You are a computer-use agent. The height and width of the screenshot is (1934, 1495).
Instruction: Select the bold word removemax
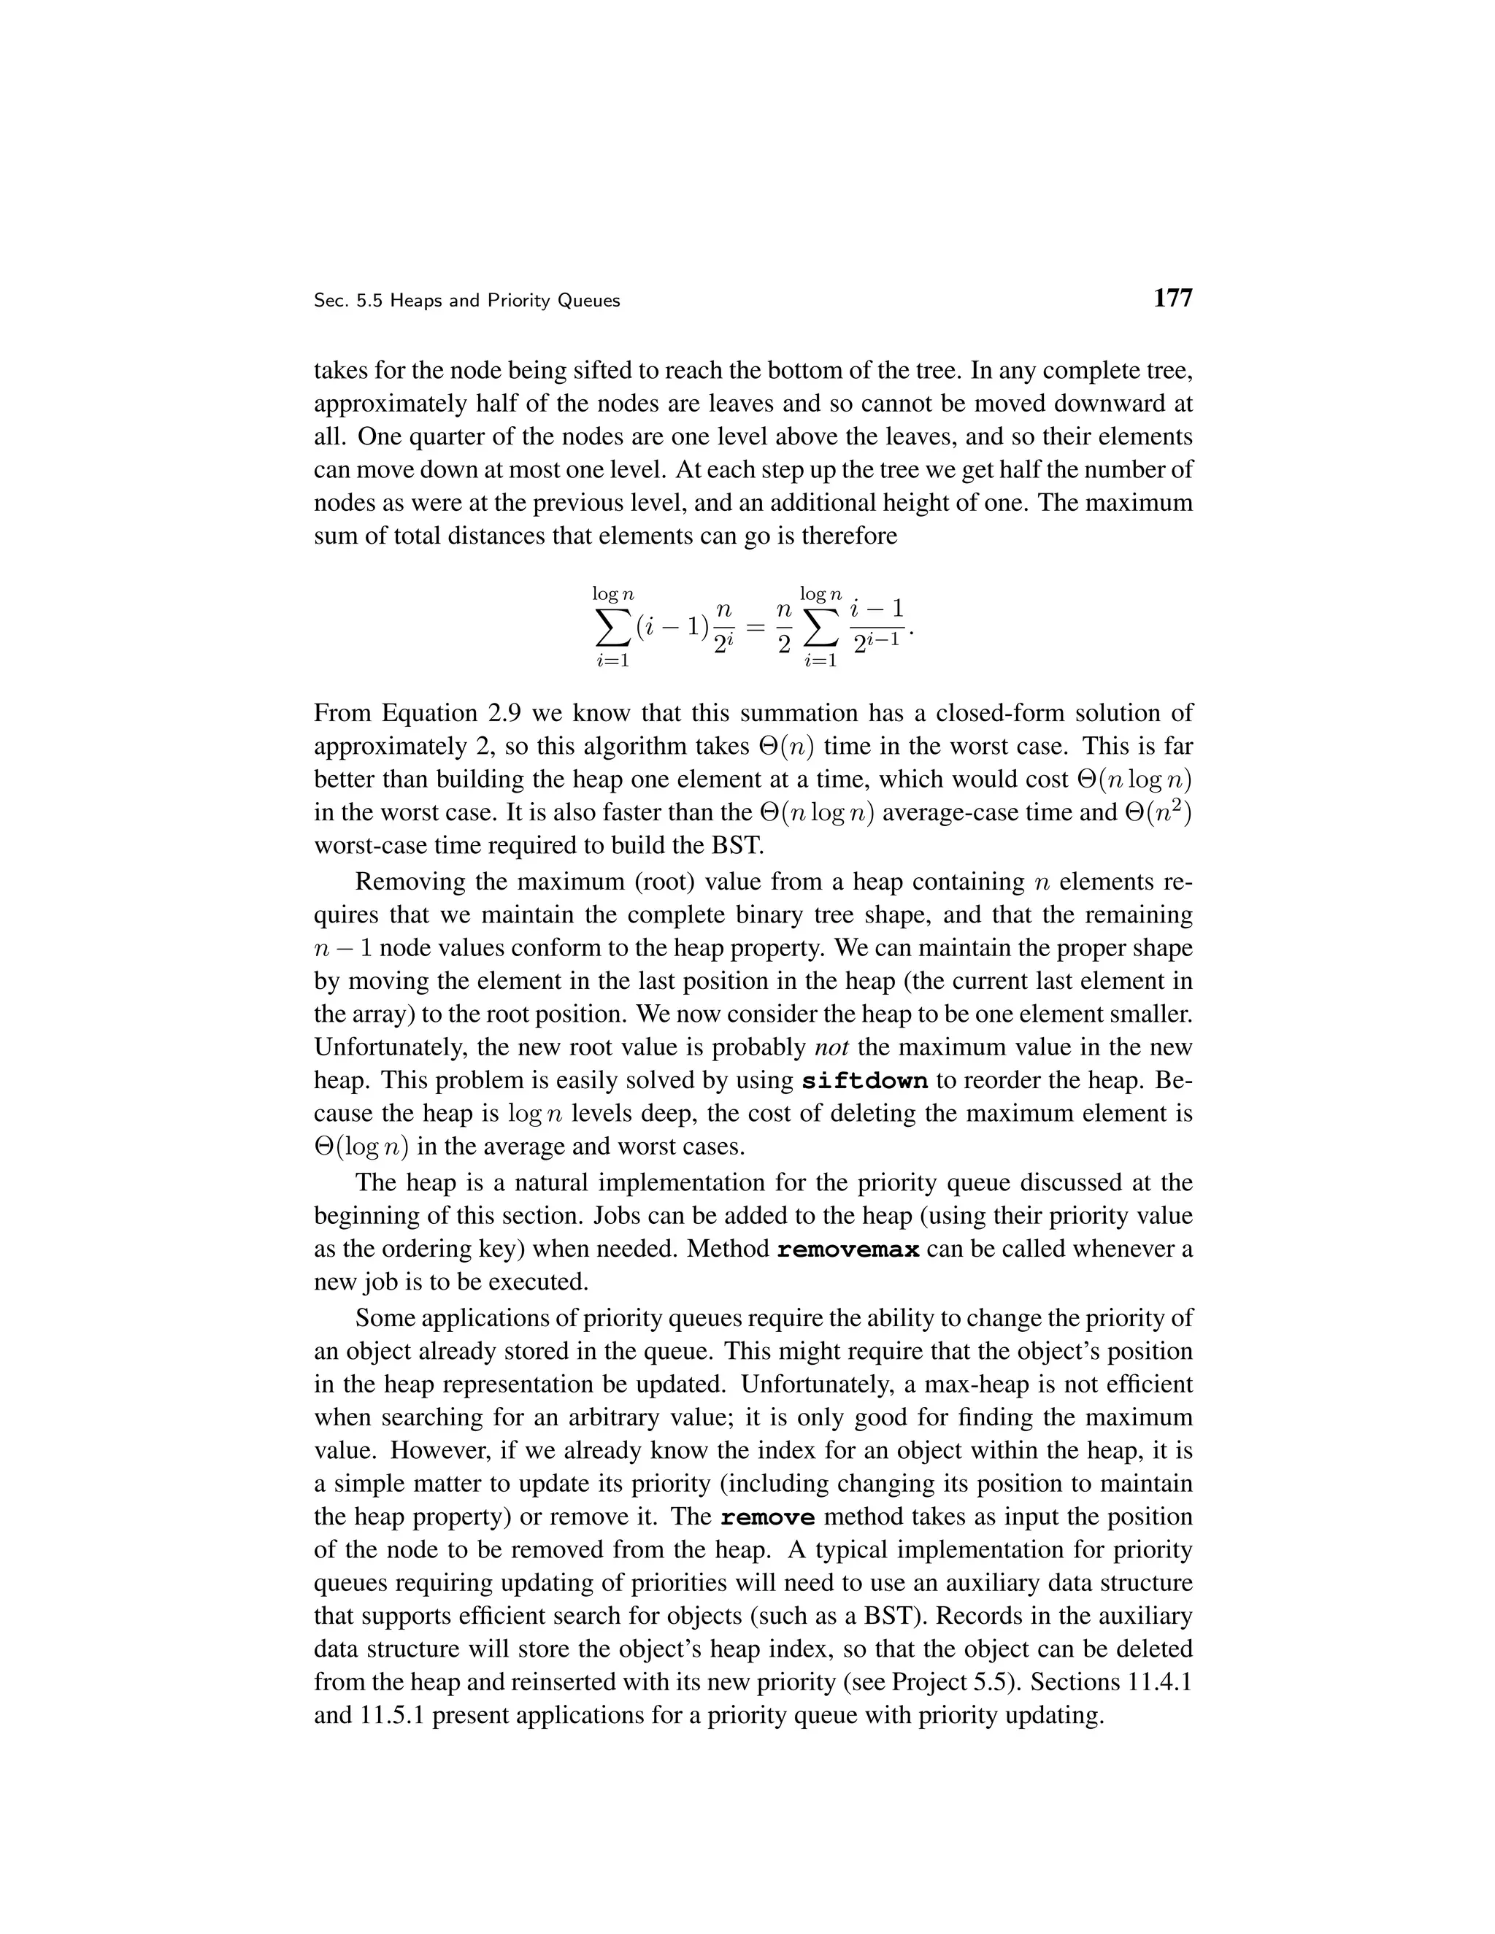[x=848, y=1249]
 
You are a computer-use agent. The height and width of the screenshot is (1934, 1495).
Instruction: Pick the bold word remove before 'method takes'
[x=767, y=1517]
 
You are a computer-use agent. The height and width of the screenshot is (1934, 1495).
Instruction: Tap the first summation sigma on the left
[x=611, y=628]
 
